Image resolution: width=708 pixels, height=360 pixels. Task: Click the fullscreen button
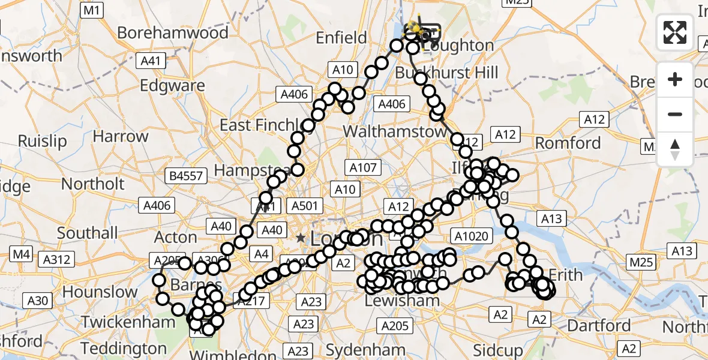[x=675, y=32]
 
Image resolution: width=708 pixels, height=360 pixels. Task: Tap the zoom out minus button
[x=675, y=114]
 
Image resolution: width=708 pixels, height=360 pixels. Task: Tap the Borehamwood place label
[x=173, y=32]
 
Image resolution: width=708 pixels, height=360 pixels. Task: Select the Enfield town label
[x=341, y=38]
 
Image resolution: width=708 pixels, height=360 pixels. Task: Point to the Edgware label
[x=172, y=85]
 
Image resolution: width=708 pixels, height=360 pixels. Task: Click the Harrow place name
[x=120, y=136]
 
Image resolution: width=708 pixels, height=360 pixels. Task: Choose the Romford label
[x=568, y=143]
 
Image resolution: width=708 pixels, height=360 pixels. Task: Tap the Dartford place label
[x=598, y=326]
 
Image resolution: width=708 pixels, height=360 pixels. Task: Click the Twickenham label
[x=128, y=322]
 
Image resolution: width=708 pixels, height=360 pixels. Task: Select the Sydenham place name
[x=358, y=350]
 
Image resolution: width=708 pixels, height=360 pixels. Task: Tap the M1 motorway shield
[x=92, y=10]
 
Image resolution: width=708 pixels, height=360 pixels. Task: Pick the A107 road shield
[x=362, y=167]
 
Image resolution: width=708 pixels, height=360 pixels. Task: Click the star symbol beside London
[x=301, y=238]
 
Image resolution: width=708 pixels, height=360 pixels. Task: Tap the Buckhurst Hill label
[x=446, y=73]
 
